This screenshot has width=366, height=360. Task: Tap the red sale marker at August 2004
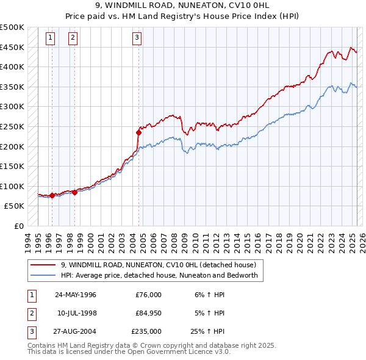[x=138, y=132]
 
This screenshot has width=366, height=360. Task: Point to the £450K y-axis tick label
[x=13, y=47]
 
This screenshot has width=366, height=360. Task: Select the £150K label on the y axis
[x=13, y=166]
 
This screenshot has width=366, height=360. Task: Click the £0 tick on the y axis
[x=19, y=226]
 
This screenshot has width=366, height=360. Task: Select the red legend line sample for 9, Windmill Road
[x=43, y=265]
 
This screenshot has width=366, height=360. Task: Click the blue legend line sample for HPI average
[x=43, y=275]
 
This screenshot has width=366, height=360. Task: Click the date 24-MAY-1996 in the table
[x=76, y=294]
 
